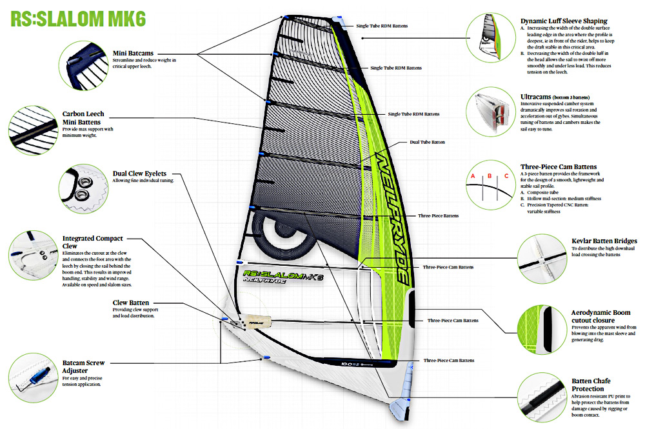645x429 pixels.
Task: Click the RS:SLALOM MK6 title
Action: [78, 19]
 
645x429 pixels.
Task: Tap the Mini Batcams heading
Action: [133, 53]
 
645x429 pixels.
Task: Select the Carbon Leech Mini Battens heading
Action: [83, 117]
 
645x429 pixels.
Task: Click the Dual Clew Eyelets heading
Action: [139, 174]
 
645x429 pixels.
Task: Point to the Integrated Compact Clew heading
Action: [92, 242]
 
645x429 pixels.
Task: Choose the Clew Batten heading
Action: [131, 303]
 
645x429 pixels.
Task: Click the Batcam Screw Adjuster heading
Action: [83, 366]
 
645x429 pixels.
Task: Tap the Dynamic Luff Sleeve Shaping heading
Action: [564, 21]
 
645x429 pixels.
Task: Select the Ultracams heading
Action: [535, 97]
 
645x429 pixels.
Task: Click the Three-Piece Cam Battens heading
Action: [558, 166]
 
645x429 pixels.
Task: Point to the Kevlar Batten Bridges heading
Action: [604, 241]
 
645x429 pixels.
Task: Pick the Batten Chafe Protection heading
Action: [591, 384]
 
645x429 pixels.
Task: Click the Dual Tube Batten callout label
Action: [427, 143]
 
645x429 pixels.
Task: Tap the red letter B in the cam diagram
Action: [490, 176]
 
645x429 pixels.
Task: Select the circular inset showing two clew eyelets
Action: [83, 188]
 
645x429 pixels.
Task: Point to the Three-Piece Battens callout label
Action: [438, 216]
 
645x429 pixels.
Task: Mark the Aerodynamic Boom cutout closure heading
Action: [600, 316]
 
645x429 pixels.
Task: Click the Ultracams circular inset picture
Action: [491, 112]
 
